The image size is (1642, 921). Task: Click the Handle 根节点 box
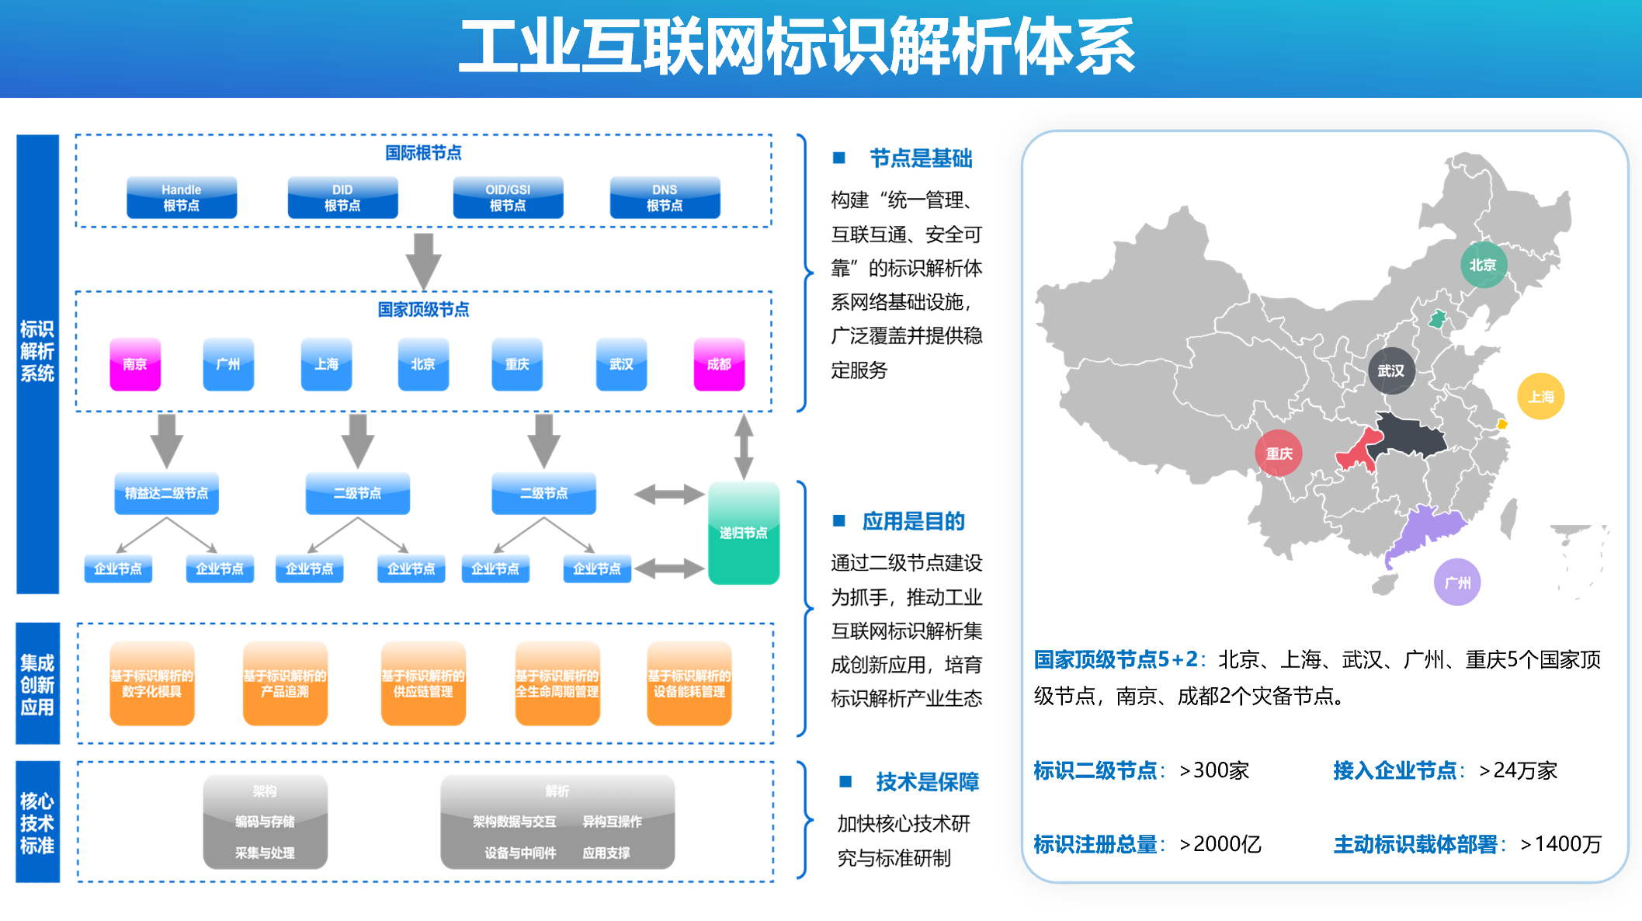click(x=181, y=198)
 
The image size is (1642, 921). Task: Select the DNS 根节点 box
click(x=665, y=198)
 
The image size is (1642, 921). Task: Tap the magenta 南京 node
click(x=135, y=364)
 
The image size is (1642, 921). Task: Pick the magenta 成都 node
click(x=719, y=364)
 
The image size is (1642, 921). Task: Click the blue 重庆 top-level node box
click(x=517, y=364)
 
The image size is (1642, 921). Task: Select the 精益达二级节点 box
click(x=166, y=493)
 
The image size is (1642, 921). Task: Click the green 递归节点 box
click(x=743, y=533)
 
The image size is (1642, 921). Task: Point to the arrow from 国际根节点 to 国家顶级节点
click(x=424, y=261)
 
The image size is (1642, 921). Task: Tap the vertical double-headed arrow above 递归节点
click(x=744, y=447)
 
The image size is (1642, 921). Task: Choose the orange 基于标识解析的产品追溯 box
click(x=285, y=683)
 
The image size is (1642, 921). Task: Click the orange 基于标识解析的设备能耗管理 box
click(x=689, y=683)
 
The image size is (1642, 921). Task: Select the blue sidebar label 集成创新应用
click(x=37, y=684)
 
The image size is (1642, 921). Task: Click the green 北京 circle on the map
click(x=1483, y=265)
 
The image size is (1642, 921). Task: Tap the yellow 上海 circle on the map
click(x=1540, y=397)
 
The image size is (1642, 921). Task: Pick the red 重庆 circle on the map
click(x=1279, y=454)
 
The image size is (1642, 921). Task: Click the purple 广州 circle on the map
click(x=1457, y=582)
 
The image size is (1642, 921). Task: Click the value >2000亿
click(x=1220, y=844)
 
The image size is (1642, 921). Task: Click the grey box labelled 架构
click(x=265, y=822)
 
